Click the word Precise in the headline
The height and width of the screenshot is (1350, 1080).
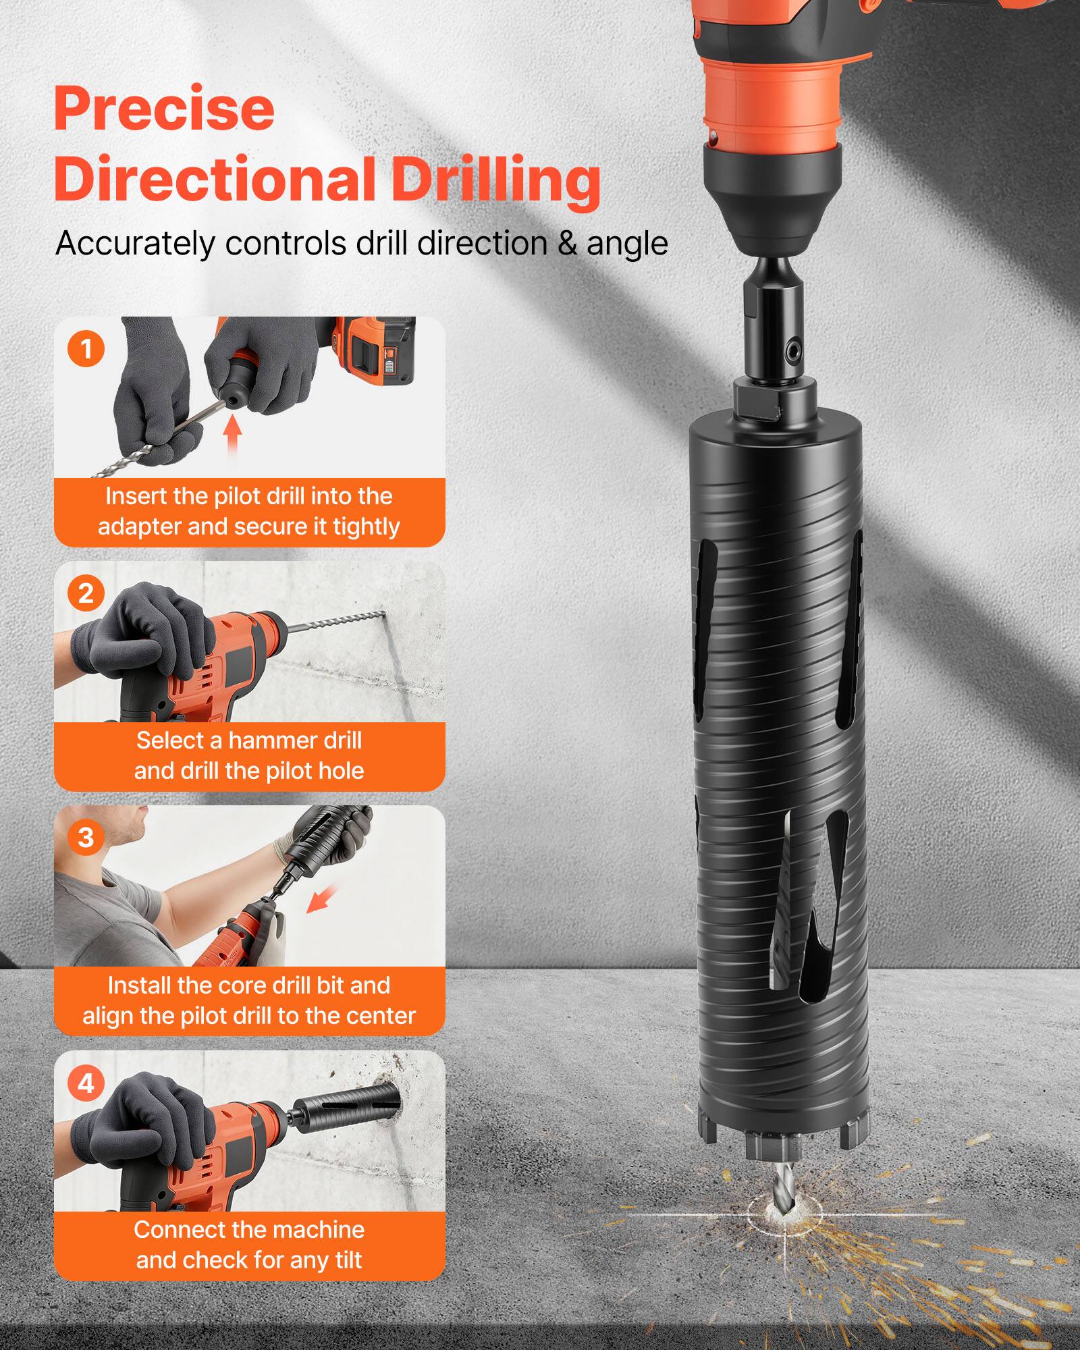(164, 109)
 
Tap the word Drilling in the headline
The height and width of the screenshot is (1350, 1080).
(496, 180)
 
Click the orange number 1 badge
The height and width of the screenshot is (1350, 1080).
(86, 349)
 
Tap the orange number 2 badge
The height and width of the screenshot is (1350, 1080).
(86, 593)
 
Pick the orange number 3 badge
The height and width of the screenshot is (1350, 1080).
(86, 838)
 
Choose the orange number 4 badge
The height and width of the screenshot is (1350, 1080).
(86, 1083)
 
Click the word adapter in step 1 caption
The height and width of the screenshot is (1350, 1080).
(140, 526)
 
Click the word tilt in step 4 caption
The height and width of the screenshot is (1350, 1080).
(347, 1260)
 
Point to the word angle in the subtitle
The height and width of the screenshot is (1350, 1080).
(627, 244)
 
